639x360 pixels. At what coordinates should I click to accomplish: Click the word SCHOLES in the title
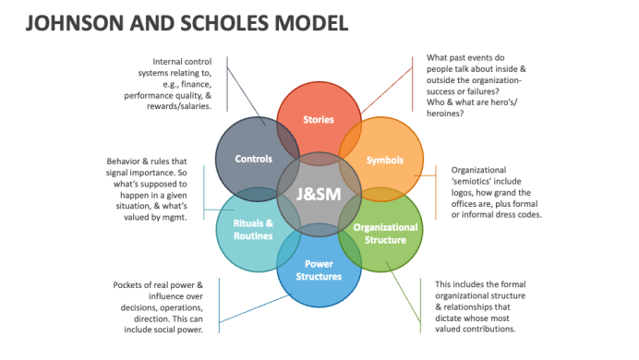tap(224, 23)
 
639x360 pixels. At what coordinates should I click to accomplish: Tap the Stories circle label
tap(319, 120)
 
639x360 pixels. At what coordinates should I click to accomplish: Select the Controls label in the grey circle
tap(254, 159)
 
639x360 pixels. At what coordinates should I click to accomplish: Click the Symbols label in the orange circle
tap(385, 160)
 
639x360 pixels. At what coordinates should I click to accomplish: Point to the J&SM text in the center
tap(319, 194)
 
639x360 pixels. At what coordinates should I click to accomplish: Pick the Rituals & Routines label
tap(253, 230)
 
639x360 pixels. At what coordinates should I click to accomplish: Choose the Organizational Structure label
tap(385, 234)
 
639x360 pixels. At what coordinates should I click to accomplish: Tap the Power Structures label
tap(319, 270)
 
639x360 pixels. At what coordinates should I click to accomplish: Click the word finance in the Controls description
tap(198, 84)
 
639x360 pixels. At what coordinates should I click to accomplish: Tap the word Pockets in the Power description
tap(127, 285)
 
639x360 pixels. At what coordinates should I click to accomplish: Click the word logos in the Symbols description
tap(462, 193)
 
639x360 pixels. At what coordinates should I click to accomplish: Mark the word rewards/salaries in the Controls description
tap(179, 106)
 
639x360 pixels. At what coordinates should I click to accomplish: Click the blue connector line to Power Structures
tap(256, 308)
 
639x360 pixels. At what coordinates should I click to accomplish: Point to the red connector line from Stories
tap(387, 90)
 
